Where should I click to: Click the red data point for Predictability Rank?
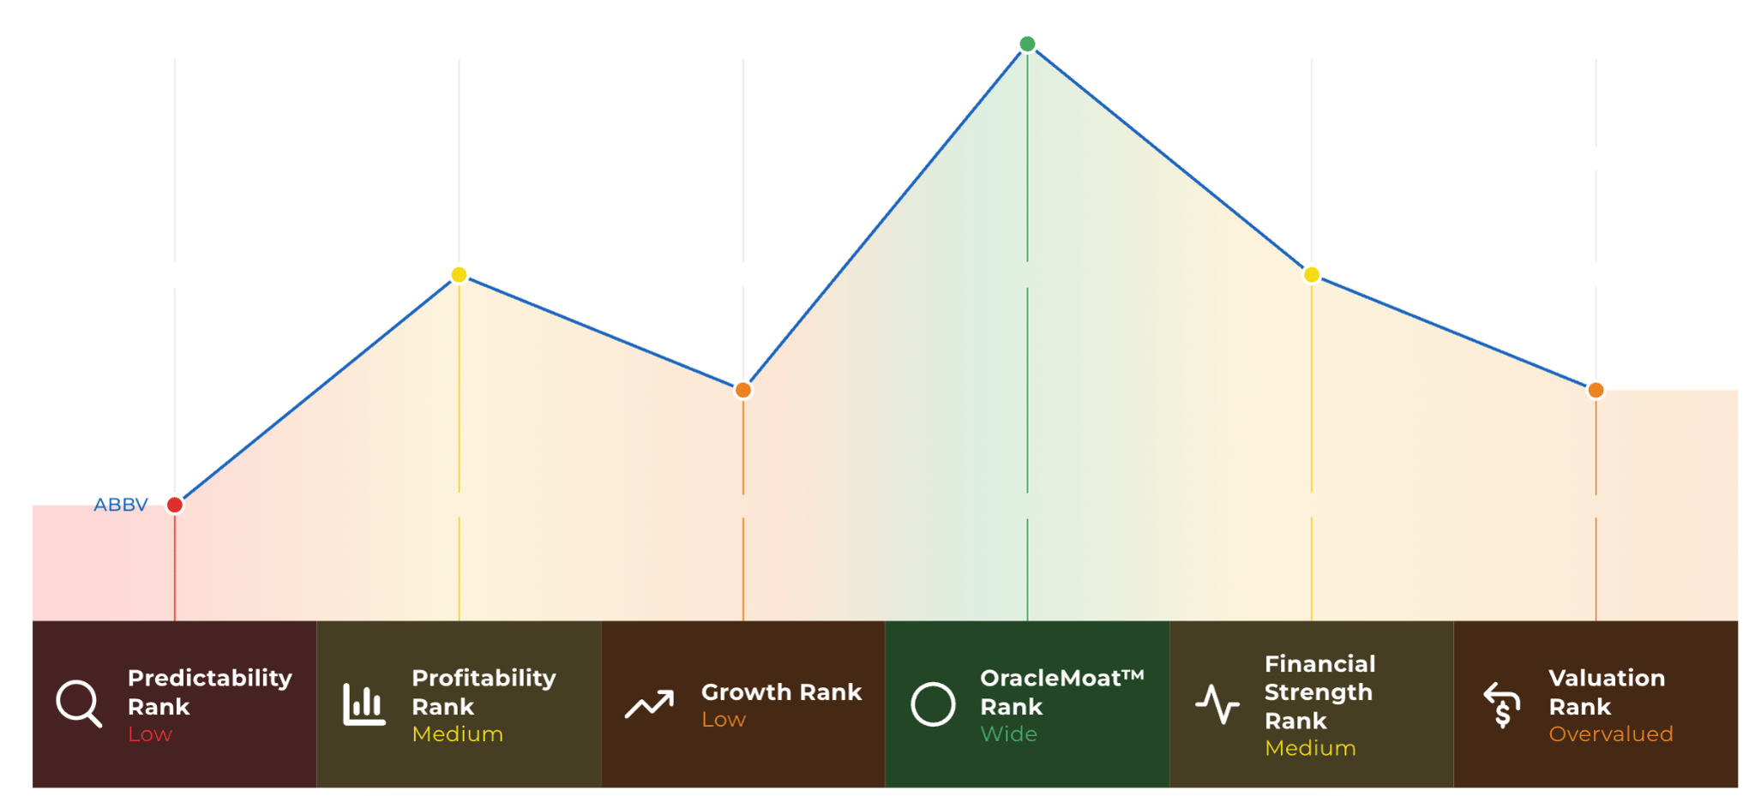point(175,505)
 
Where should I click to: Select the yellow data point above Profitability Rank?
point(459,275)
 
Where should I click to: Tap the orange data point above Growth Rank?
point(743,390)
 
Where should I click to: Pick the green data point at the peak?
point(1027,44)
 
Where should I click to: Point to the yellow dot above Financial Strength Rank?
point(1312,275)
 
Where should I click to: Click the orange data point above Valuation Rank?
point(1596,390)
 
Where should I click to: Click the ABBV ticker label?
point(121,505)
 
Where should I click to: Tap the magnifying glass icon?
point(79,704)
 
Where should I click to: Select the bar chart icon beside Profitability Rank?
point(364,704)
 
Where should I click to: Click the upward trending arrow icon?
point(649,704)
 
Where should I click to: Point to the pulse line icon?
point(1217,704)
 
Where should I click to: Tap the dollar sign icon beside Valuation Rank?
point(1502,704)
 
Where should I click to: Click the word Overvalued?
point(1611,734)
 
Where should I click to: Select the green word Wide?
point(1008,734)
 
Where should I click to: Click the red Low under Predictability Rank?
point(150,734)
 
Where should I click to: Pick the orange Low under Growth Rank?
point(724,720)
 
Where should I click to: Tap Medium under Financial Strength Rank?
point(1310,748)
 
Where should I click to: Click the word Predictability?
point(210,679)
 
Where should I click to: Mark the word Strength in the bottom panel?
point(1319,692)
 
